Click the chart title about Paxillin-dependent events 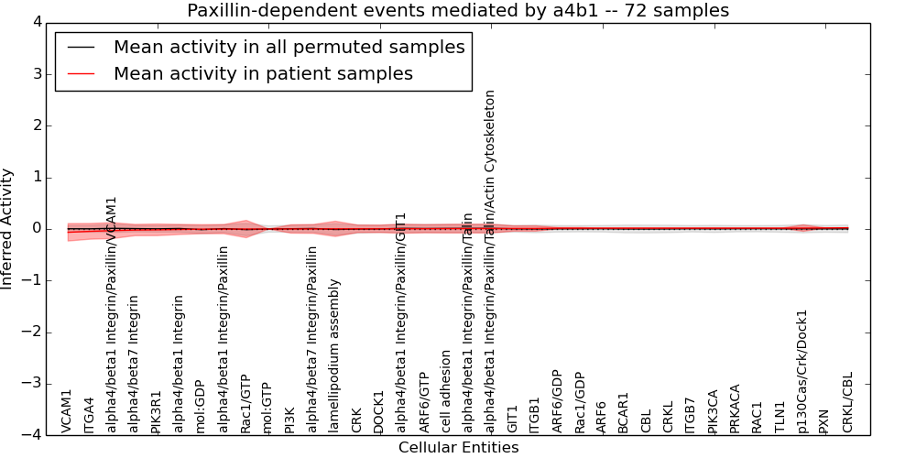458,11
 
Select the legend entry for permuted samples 289,48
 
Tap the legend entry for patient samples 263,74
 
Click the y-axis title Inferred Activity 7,229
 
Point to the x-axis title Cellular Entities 458,448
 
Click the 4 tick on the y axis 37,22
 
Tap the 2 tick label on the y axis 37,125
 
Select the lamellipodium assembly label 335,356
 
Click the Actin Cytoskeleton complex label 491,261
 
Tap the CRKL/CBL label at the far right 848,402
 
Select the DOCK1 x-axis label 379,411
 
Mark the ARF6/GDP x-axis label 558,401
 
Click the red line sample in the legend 81,74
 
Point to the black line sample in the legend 81,48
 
